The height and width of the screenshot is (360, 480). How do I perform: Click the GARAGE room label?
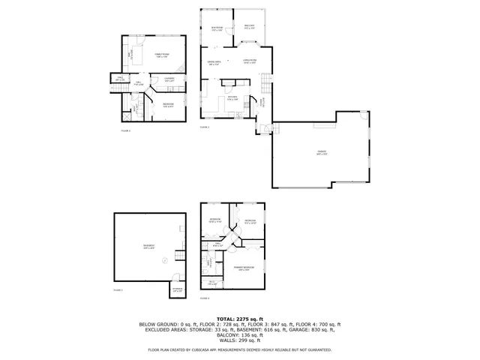click(322, 153)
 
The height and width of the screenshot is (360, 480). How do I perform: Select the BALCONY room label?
click(250, 28)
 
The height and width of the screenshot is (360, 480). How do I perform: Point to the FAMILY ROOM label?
click(160, 56)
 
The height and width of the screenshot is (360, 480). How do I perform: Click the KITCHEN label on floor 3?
click(232, 97)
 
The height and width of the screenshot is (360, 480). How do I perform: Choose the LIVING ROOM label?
click(250, 61)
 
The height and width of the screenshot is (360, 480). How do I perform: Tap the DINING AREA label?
click(214, 63)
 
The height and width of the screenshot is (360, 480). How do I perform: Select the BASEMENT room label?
click(148, 247)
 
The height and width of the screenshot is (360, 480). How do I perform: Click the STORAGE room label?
click(177, 289)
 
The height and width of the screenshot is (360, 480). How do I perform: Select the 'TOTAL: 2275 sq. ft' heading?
click(239, 319)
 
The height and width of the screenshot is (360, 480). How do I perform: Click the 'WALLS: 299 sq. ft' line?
click(239, 339)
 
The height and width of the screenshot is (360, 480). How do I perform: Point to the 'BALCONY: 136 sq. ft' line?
click(239, 334)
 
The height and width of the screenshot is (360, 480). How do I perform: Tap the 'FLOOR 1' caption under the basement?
click(118, 289)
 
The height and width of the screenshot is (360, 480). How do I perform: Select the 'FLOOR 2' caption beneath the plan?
click(125, 130)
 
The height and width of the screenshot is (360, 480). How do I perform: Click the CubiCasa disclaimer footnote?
click(239, 349)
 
